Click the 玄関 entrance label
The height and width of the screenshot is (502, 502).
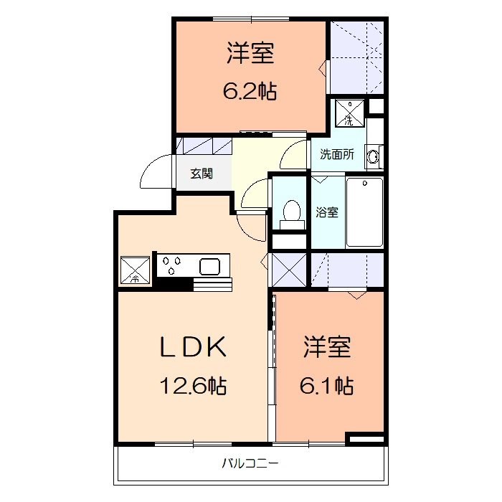(x=201, y=174)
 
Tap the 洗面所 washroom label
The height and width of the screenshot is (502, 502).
(x=336, y=153)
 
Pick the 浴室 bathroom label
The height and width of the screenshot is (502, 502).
(x=328, y=212)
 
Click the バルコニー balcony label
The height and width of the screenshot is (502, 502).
(x=250, y=463)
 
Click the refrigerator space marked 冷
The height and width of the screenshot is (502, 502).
(x=135, y=270)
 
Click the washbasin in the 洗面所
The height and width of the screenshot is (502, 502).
(x=373, y=155)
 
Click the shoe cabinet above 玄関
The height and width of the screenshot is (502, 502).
(x=205, y=146)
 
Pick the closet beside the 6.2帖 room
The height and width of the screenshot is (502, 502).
(x=357, y=57)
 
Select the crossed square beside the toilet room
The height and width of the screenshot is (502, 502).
(x=290, y=271)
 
